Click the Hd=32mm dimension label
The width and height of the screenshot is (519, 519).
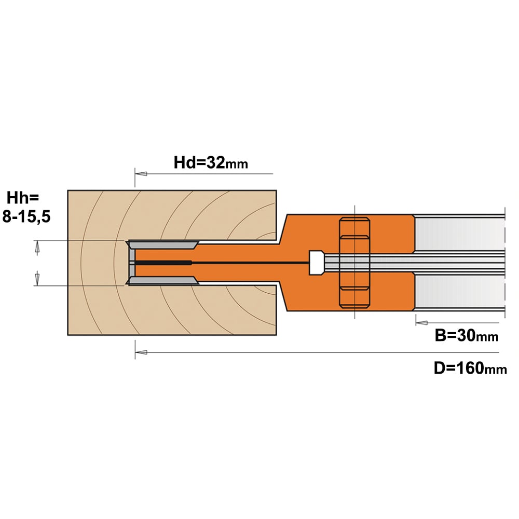pyautogui.click(x=211, y=162)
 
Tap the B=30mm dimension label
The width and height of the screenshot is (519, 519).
pyautogui.click(x=467, y=336)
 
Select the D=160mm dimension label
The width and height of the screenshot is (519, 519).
pyautogui.click(x=470, y=368)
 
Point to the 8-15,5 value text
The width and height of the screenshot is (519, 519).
pyautogui.click(x=26, y=217)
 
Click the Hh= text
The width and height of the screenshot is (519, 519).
pyautogui.click(x=22, y=198)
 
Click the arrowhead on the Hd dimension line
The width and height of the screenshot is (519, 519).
pyautogui.click(x=141, y=173)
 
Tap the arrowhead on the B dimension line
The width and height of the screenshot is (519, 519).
pyautogui.click(x=421, y=323)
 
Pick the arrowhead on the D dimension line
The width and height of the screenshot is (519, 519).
pyautogui.click(x=141, y=352)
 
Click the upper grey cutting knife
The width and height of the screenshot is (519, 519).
pyautogui.click(x=163, y=245)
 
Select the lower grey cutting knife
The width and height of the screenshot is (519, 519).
pyautogui.click(x=163, y=281)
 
